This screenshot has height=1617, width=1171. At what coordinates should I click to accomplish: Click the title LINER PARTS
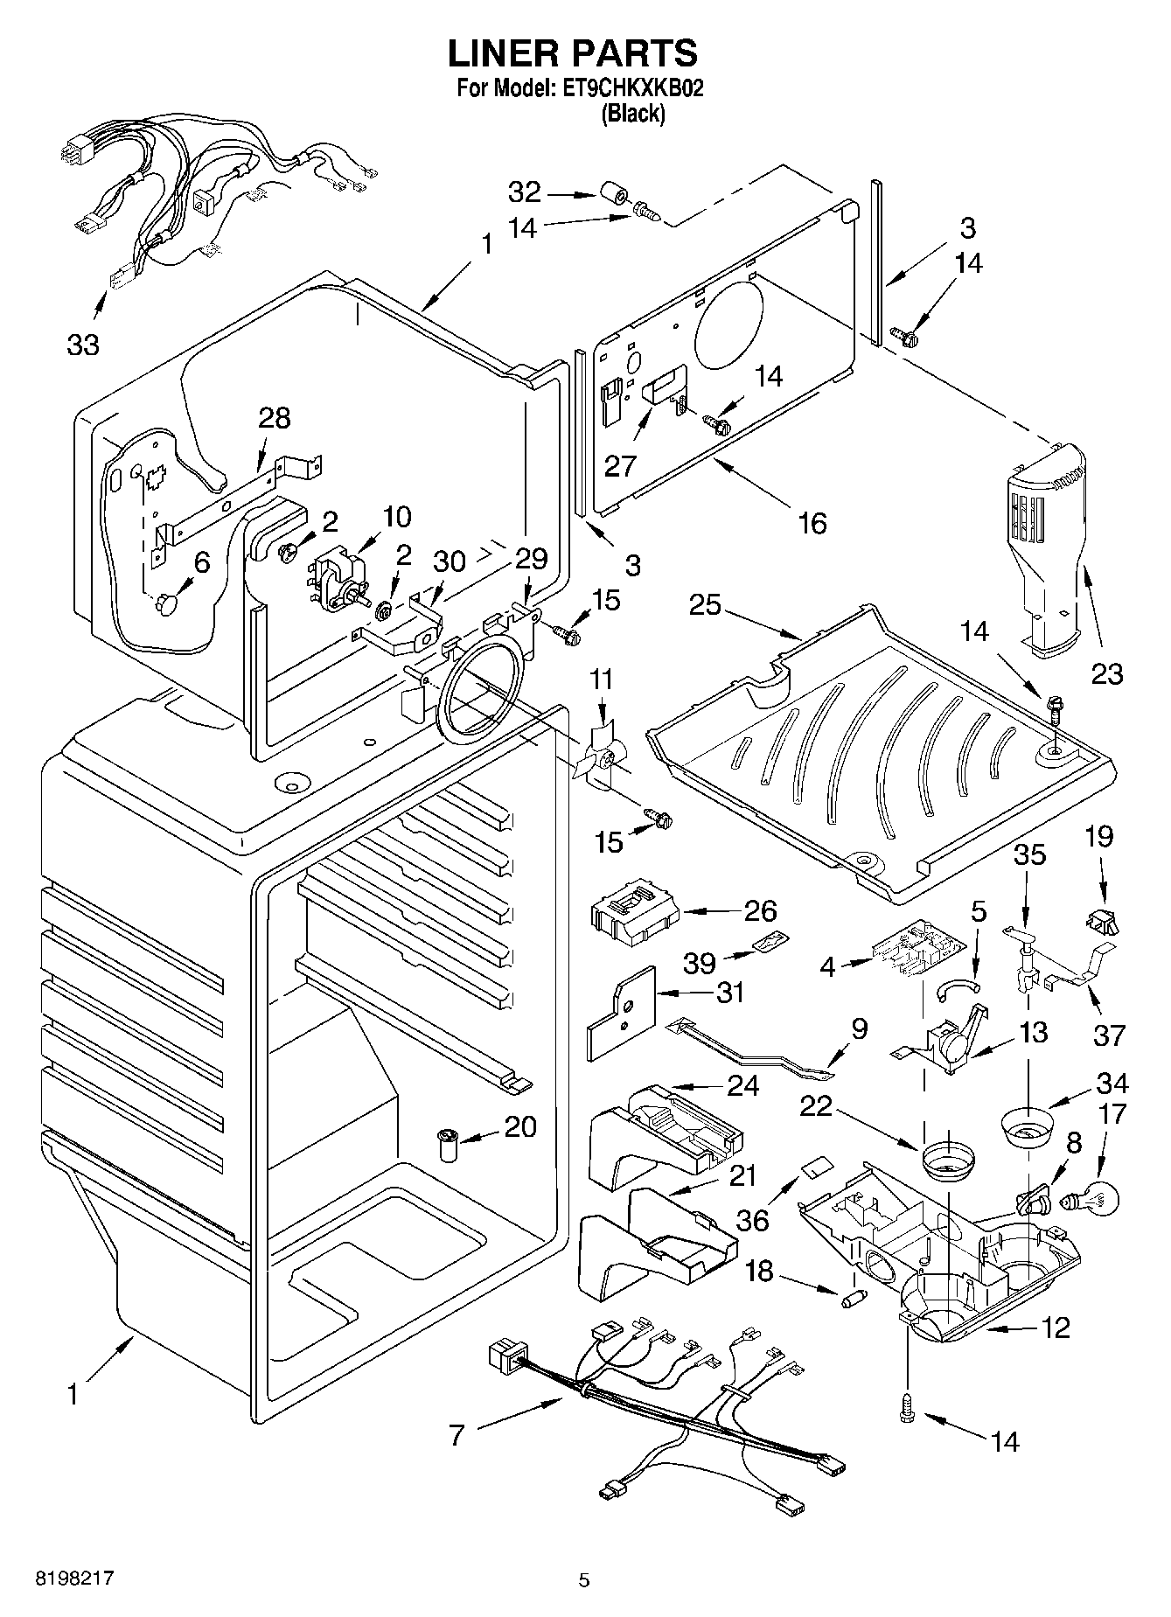[573, 54]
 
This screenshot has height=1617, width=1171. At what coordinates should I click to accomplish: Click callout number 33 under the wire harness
[83, 345]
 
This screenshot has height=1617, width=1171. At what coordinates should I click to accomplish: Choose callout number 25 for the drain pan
[705, 604]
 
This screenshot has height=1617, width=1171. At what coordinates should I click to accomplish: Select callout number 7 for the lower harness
[457, 1435]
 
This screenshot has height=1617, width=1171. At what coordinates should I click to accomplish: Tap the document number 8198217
[74, 1578]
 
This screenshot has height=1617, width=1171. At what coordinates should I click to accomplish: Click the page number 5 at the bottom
[584, 1579]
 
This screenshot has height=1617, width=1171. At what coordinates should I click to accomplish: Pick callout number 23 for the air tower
[1107, 673]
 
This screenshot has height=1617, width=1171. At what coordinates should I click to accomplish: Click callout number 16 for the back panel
[812, 523]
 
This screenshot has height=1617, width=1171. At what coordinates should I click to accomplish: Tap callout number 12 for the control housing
[1056, 1328]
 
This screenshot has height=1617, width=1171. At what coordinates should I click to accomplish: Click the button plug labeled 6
[166, 603]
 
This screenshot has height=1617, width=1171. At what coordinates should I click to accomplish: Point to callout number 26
[760, 910]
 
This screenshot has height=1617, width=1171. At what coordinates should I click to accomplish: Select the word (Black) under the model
[632, 114]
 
